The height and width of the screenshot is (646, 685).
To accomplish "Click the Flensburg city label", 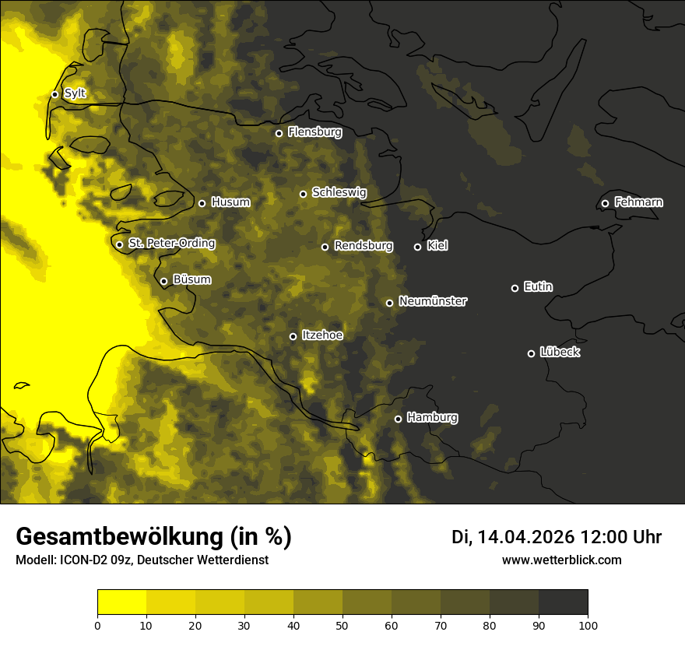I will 314,132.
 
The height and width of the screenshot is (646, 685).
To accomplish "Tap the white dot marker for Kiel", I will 418,247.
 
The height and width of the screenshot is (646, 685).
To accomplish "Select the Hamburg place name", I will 432,418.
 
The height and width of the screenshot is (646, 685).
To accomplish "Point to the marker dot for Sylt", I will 55,94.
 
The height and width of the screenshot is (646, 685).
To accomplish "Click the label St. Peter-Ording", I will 171,244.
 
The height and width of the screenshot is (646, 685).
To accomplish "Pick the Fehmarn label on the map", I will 638,202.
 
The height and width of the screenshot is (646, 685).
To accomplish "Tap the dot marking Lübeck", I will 532,353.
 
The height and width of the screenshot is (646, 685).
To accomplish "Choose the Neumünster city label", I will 433,301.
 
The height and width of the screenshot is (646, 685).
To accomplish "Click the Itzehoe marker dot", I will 293,336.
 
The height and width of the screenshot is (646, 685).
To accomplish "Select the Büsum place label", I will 191,279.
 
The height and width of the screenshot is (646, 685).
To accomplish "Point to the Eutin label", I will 538,287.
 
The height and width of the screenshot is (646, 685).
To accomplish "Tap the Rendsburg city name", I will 364,246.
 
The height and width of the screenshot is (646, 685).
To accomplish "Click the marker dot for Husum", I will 202,203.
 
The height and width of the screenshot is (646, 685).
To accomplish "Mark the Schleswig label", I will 339,192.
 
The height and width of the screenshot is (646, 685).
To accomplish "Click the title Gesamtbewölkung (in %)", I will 153,537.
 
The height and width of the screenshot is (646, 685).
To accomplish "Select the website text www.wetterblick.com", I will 561,560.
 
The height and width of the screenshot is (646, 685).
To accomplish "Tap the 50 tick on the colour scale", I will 342,624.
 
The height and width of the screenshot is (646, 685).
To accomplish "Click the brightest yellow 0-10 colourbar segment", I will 122,602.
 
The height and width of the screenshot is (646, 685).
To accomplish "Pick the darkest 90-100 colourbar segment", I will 563,602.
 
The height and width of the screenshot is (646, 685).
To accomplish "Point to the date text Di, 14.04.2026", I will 513,537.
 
